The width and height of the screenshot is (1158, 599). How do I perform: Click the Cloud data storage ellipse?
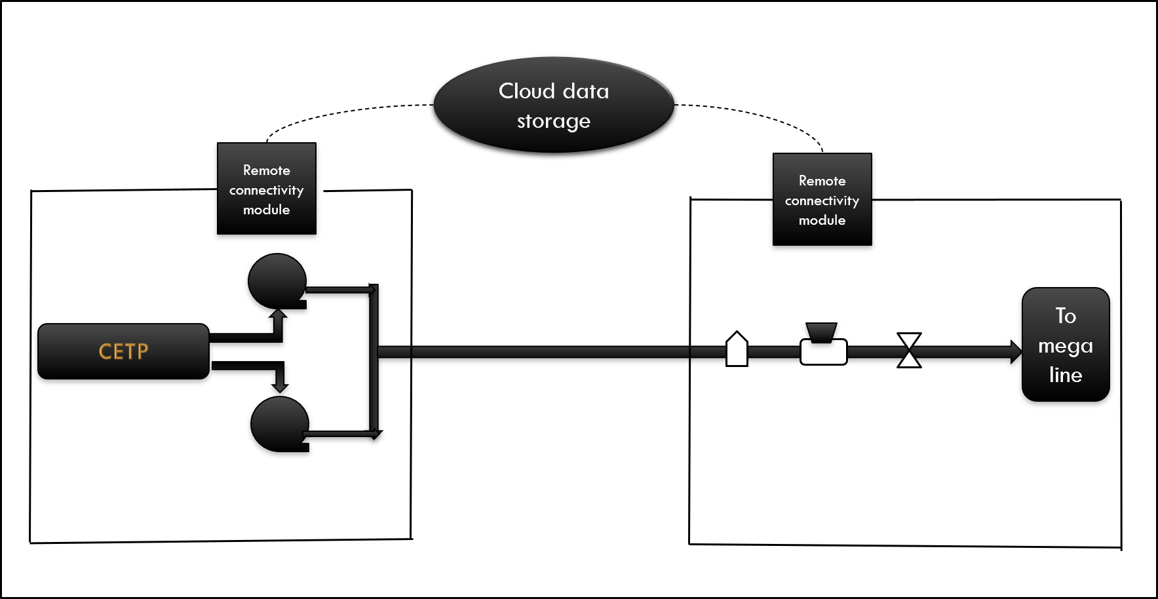click(554, 105)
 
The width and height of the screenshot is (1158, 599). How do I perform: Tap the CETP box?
click(123, 351)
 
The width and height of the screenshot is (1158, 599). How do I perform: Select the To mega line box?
click(1066, 345)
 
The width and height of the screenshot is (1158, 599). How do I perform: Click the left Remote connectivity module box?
click(267, 189)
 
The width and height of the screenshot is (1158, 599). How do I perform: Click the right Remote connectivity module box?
click(822, 200)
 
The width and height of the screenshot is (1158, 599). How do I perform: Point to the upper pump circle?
click(277, 280)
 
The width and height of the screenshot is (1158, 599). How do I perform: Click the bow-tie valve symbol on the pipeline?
click(909, 351)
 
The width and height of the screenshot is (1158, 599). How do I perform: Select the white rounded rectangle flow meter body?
click(824, 353)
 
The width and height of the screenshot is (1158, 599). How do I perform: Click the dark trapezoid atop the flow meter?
click(821, 332)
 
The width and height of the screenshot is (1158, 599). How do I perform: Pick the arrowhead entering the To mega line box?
click(1016, 352)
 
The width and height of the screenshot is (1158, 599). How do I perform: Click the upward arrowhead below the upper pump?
click(279, 315)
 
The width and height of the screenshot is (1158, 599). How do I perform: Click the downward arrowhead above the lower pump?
click(280, 387)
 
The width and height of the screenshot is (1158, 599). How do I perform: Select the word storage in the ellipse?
click(554, 121)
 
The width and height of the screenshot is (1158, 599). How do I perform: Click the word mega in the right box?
click(1066, 345)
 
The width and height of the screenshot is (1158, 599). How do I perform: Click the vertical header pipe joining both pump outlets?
click(374, 360)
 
